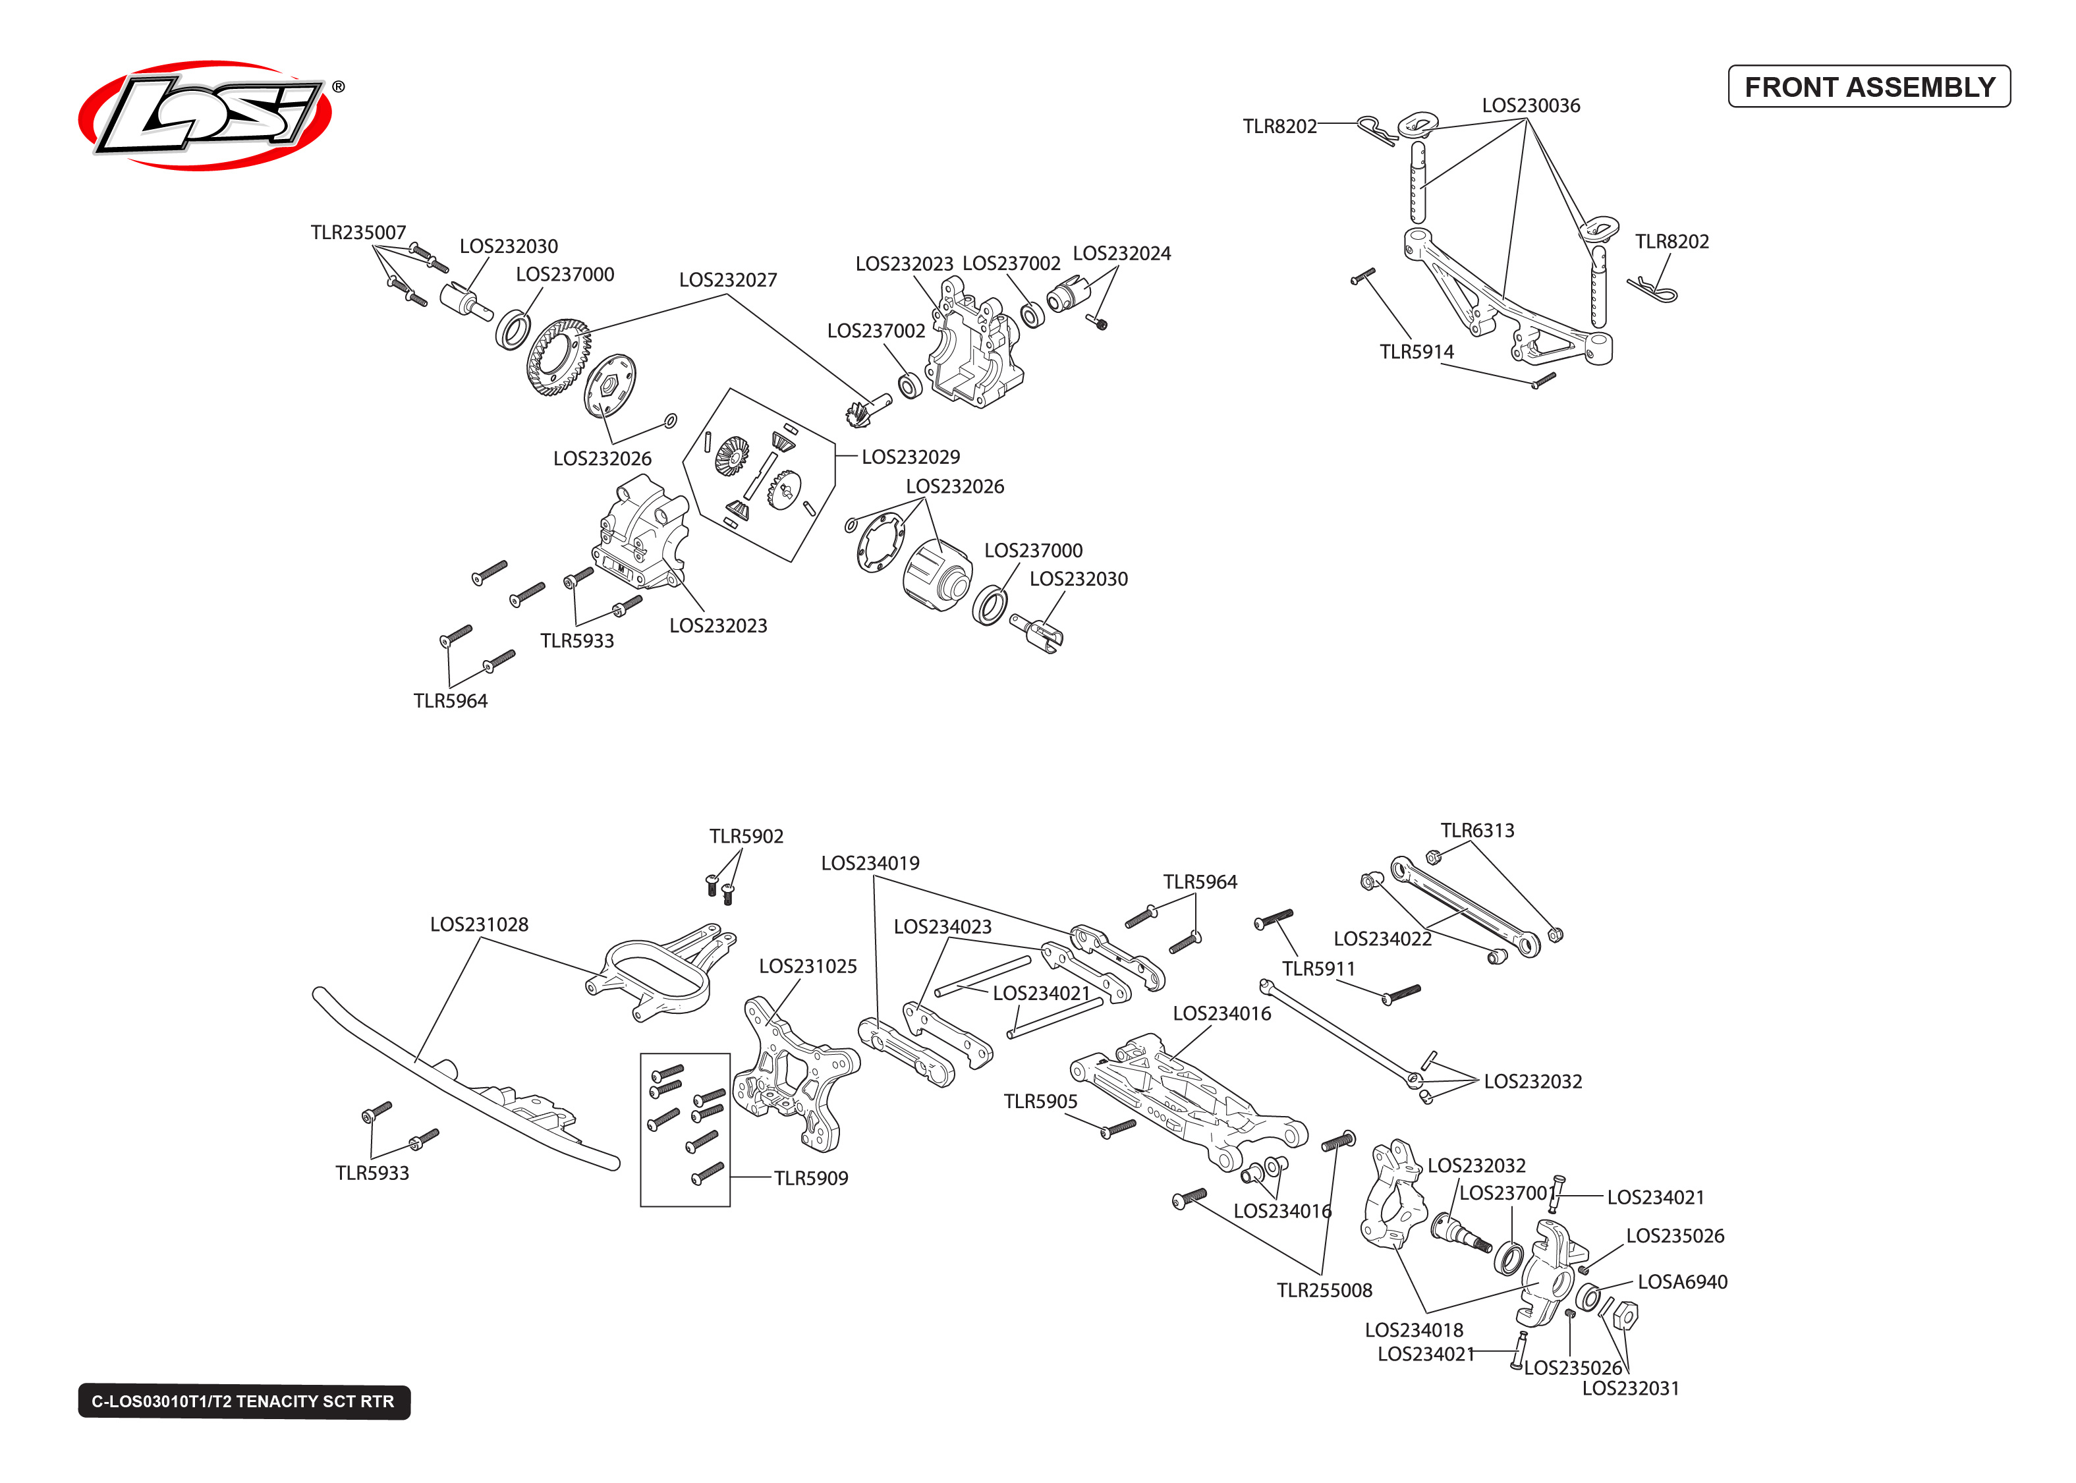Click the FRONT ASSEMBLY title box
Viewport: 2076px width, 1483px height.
1868,87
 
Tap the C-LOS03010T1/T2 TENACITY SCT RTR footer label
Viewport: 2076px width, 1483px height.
243,1401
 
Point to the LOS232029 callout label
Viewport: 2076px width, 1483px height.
911,457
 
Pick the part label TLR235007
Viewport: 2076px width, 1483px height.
358,233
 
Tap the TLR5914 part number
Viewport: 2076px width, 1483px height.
1416,352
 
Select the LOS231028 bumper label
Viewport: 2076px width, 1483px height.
478,924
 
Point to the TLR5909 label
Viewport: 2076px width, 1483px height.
810,1178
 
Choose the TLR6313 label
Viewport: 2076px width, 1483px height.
1476,831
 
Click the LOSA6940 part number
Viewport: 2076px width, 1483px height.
1681,1282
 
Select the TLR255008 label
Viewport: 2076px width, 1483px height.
1324,1291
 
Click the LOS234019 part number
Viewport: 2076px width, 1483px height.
870,864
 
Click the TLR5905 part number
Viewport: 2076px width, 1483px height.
1040,1102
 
